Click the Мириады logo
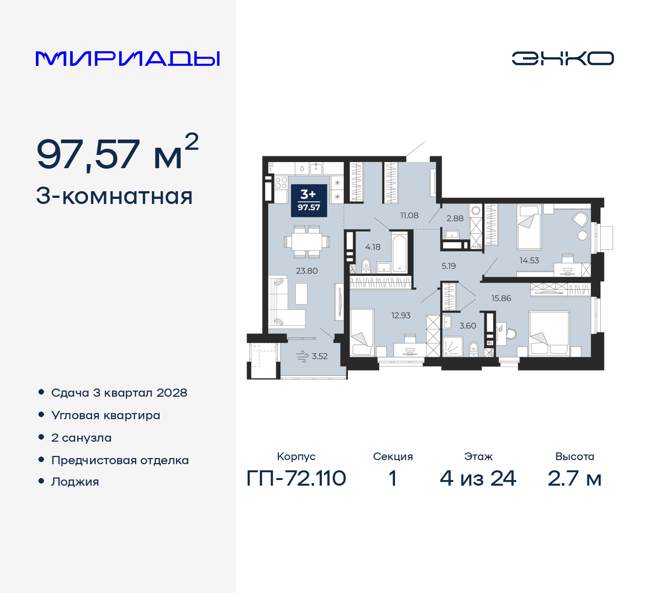coord(127,59)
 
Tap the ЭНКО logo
coord(562,58)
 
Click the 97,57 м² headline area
coord(117,153)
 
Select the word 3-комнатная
coord(114,196)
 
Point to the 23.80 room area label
coord(307,271)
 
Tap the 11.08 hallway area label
coord(409,216)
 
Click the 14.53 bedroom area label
coord(529,260)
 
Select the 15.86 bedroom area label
coord(501,299)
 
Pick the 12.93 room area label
coord(401,315)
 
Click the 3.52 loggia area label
coord(319,356)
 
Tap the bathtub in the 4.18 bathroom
coord(399,252)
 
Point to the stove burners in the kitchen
coord(281,183)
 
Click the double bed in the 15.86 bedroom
coord(549,333)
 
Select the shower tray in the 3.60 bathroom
coord(452,347)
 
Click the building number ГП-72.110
coord(296,478)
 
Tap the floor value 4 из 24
coord(478,478)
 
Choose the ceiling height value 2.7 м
coord(574,478)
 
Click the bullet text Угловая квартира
coord(105,416)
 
